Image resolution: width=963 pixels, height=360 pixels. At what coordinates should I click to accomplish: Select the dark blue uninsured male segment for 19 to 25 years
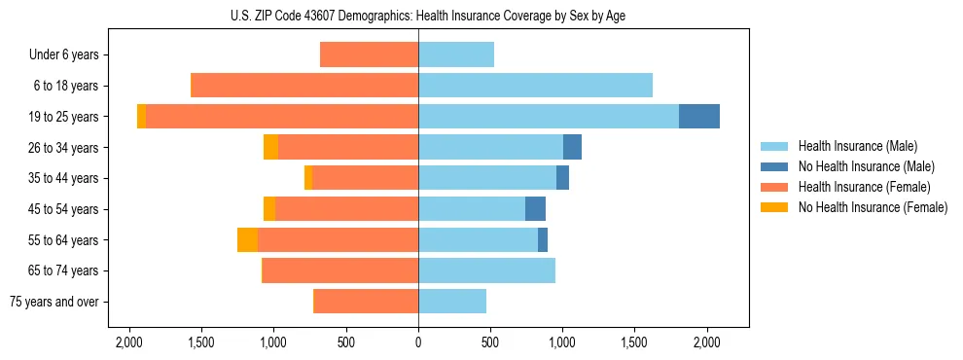click(698, 117)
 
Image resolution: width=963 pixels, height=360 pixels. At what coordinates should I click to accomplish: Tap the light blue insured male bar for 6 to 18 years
click(535, 86)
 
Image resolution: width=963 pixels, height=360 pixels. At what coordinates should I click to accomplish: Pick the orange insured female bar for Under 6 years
click(369, 55)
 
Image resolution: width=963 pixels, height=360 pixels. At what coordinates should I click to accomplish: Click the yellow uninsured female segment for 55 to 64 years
click(247, 240)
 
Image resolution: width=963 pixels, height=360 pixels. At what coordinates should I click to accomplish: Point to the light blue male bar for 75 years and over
click(452, 302)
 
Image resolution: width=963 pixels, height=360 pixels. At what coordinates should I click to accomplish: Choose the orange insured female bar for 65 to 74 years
click(340, 270)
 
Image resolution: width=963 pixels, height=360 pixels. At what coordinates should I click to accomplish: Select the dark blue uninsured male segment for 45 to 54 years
click(535, 209)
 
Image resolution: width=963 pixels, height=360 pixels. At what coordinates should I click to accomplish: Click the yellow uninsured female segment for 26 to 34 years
click(270, 148)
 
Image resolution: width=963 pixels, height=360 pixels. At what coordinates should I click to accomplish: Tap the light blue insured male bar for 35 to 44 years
click(487, 178)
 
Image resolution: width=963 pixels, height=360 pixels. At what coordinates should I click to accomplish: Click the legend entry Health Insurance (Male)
click(856, 146)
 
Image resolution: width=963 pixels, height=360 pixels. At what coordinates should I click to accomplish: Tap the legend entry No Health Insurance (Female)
click(872, 207)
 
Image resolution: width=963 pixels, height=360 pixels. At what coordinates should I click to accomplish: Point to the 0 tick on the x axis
click(418, 342)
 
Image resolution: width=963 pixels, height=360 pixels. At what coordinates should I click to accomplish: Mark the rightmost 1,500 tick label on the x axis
click(634, 342)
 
